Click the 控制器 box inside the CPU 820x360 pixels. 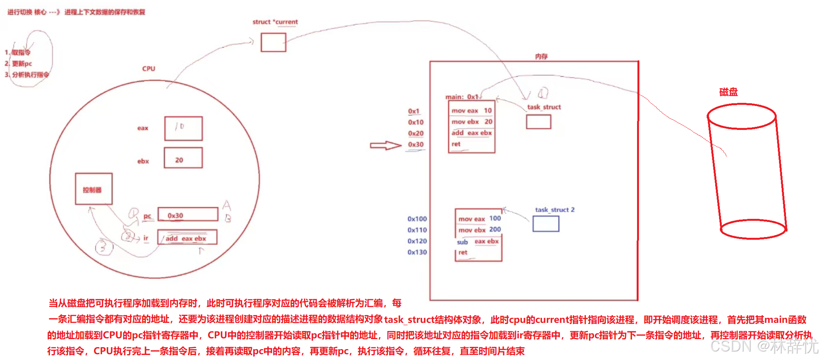click(x=94, y=189)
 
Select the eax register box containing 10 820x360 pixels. click(x=183, y=128)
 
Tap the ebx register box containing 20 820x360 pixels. click(x=183, y=158)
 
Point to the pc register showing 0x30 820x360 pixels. click(x=188, y=215)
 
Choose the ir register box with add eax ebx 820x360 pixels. click(x=187, y=237)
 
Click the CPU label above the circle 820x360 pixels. click(x=149, y=69)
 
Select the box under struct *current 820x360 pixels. click(x=273, y=42)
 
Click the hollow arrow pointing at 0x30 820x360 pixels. click(x=385, y=145)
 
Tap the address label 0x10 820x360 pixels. click(x=416, y=122)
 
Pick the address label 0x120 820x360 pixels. click(x=417, y=241)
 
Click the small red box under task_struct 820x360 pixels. click(x=538, y=122)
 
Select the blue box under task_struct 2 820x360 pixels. click(x=545, y=224)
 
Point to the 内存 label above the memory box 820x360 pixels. click(x=541, y=56)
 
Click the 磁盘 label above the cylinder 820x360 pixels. click(x=728, y=92)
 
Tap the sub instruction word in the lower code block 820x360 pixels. click(x=462, y=242)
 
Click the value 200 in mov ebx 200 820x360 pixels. click(x=495, y=230)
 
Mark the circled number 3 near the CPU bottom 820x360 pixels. click(x=104, y=247)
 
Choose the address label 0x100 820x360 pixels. click(x=417, y=219)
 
